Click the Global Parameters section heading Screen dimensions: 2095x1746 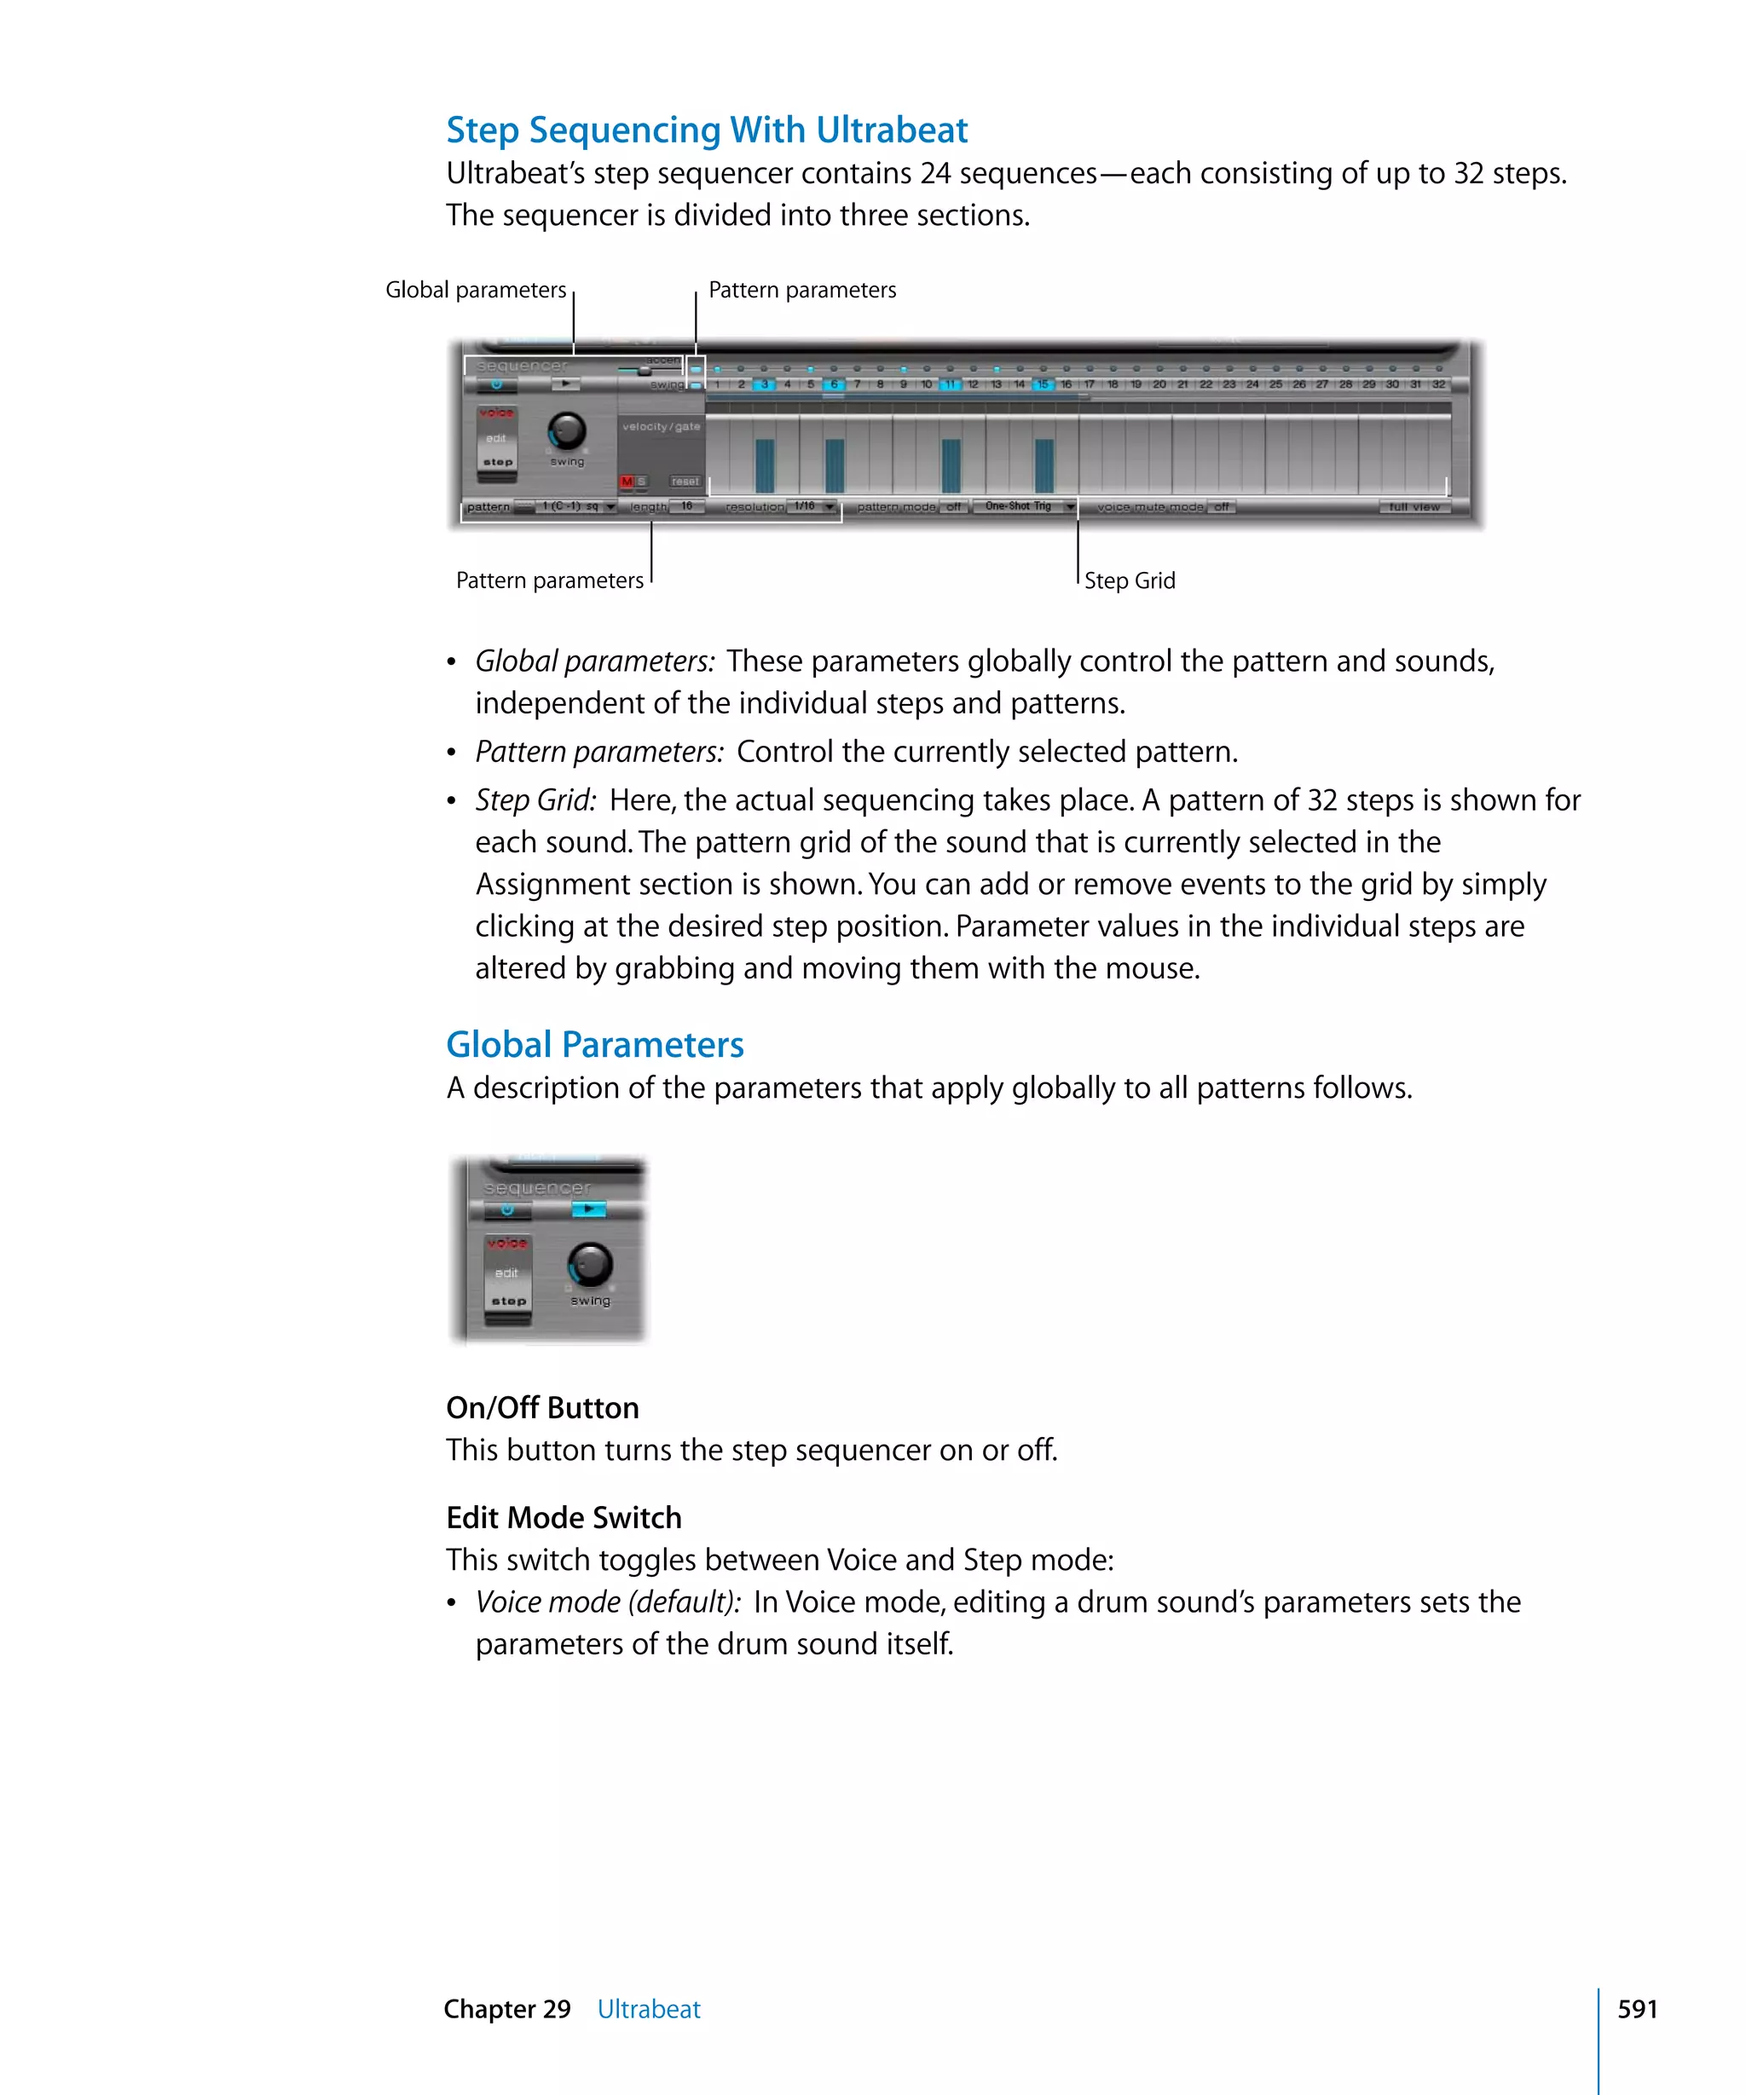click(593, 1044)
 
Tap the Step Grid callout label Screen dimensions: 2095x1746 click(1129, 580)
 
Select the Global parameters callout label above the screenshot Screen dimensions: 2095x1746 click(475, 291)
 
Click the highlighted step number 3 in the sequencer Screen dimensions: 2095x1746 click(764, 384)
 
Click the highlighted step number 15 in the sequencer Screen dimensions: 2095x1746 click(1043, 384)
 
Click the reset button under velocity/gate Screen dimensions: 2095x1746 click(685, 482)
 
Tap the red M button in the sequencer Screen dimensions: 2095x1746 click(627, 482)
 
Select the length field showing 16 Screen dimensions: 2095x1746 click(686, 507)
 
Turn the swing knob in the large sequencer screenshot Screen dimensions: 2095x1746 click(567, 431)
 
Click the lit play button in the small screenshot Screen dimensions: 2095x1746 click(588, 1209)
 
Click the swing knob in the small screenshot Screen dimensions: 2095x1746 click(590, 1264)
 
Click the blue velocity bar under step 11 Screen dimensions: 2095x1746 click(950, 466)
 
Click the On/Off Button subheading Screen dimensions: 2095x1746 click(541, 1408)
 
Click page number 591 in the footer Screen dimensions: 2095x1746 click(1636, 2009)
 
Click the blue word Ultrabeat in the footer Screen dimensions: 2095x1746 click(649, 2009)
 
